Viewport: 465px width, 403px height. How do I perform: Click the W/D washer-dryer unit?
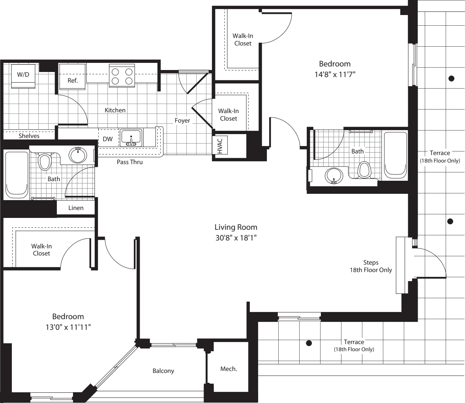coord(23,76)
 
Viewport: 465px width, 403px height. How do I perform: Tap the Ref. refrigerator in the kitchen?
coord(72,78)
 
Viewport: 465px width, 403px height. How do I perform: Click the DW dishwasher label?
coord(108,139)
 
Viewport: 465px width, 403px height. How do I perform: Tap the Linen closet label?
coord(76,208)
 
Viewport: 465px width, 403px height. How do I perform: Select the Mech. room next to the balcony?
coord(229,369)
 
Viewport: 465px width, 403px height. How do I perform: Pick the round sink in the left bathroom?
coord(78,155)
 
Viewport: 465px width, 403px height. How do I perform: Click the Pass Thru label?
coord(129,162)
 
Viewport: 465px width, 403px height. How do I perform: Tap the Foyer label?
coord(182,121)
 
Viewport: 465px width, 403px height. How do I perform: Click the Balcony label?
coord(163,371)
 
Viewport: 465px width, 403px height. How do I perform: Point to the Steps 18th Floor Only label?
coord(371,266)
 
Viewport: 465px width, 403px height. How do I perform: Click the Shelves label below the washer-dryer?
coord(29,136)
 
